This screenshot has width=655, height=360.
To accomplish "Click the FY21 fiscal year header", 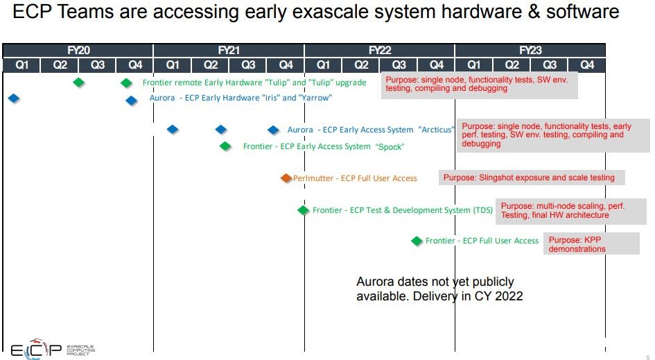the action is [229, 50].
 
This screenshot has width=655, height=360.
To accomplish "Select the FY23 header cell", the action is [530, 50].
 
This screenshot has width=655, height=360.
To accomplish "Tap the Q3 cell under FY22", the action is [399, 65].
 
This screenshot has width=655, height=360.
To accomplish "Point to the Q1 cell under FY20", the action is [21, 65].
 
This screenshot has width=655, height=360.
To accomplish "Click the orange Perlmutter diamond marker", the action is [286, 178].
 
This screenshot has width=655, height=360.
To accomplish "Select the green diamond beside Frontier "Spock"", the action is [225, 146].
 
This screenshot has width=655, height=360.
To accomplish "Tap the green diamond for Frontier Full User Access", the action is [417, 241].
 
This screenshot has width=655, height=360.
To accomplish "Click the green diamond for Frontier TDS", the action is [304, 210].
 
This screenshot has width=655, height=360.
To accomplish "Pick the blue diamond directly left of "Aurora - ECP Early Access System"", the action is [273, 130].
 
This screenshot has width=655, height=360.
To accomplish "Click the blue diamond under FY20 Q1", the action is [14, 98].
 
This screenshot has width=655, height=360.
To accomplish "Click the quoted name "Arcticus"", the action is [436, 130].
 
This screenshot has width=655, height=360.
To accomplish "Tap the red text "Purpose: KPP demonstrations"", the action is [577, 244].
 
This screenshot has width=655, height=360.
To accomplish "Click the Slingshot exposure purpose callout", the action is [532, 178].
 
